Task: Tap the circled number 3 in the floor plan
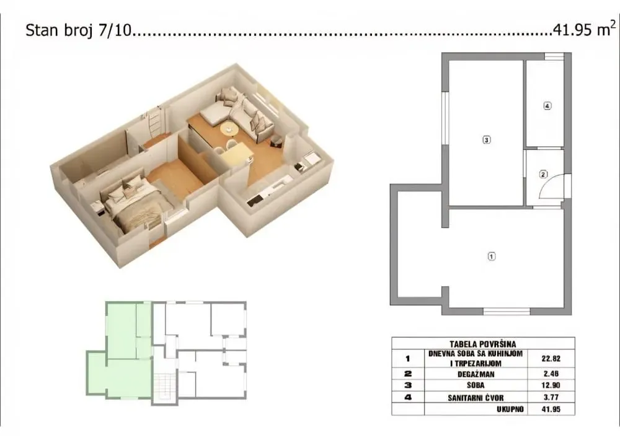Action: [x=487, y=140]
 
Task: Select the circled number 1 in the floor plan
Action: [x=492, y=255]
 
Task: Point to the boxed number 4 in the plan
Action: [x=547, y=106]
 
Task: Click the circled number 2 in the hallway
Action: [x=543, y=174]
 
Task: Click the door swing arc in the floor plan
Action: [x=554, y=187]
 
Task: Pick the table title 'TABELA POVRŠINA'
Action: [x=483, y=343]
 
